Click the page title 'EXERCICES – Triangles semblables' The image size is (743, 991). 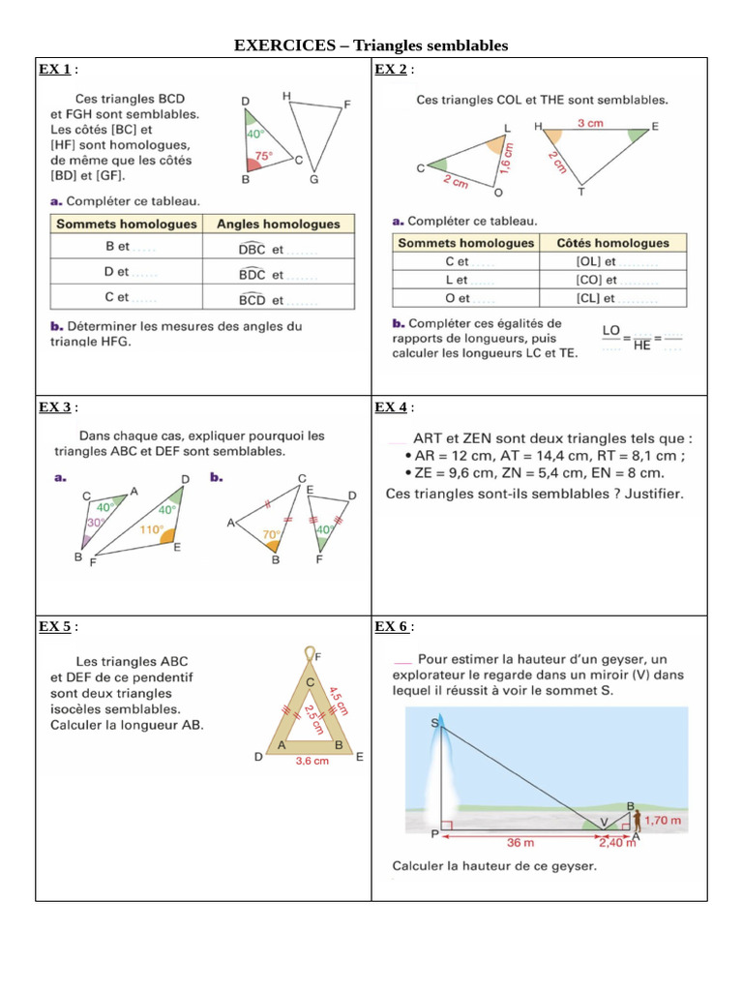point(371,45)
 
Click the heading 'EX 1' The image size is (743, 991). point(54,69)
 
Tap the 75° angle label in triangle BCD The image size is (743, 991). point(263,155)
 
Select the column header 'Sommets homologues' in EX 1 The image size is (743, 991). point(127,224)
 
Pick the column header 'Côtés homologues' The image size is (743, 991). point(611,243)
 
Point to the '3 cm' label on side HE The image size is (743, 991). point(592,123)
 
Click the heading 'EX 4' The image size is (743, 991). point(391,406)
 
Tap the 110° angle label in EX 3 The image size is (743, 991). point(150,529)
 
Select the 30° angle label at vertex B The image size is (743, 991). point(95,523)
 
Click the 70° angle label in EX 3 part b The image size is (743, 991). point(272,533)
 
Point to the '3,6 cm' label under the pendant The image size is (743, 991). point(312,761)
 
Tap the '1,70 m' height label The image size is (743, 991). point(663,821)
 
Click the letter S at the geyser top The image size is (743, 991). point(434,722)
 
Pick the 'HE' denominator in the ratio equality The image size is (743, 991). point(641,345)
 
